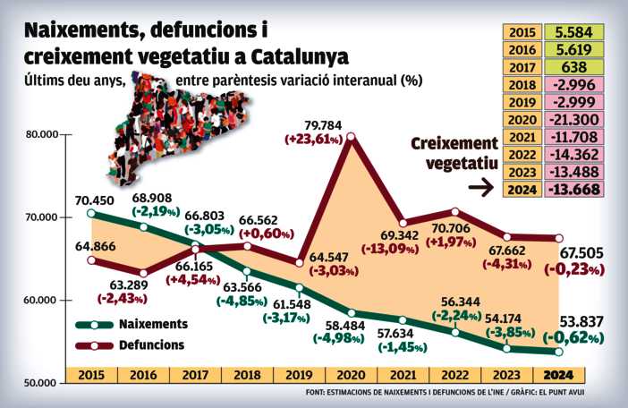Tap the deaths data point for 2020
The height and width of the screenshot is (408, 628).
(x=351, y=137)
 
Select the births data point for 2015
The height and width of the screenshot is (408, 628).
(x=92, y=213)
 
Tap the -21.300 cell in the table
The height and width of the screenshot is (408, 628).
(x=571, y=119)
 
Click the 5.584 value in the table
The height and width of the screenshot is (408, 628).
(x=571, y=32)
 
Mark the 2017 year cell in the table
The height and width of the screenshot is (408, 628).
(x=522, y=67)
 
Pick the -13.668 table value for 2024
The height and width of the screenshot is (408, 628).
(x=571, y=189)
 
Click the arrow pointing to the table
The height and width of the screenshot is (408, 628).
(x=482, y=188)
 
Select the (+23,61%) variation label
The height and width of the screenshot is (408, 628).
(x=313, y=140)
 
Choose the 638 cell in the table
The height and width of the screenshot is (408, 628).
(x=571, y=67)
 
